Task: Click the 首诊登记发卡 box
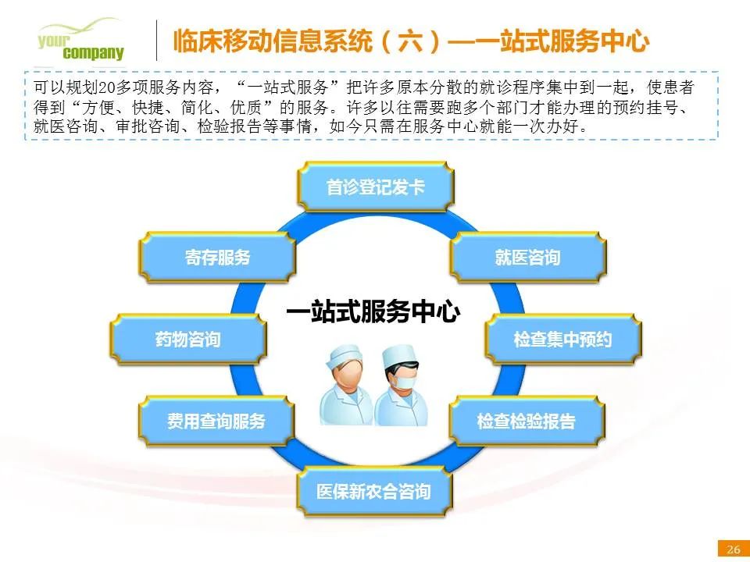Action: [x=376, y=187]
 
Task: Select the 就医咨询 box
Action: [x=528, y=257]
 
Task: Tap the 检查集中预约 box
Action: [x=563, y=340]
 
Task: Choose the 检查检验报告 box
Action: [x=527, y=421]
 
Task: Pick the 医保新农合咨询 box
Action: [x=374, y=491]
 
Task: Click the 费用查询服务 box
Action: [x=216, y=421]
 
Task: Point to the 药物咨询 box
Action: [x=188, y=340]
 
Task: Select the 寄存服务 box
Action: [x=218, y=257]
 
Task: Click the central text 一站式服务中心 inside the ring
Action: [x=373, y=311]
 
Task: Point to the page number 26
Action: [x=734, y=549]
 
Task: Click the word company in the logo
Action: [x=93, y=52]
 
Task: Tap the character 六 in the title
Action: [x=411, y=41]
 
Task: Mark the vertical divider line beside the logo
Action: [x=157, y=40]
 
